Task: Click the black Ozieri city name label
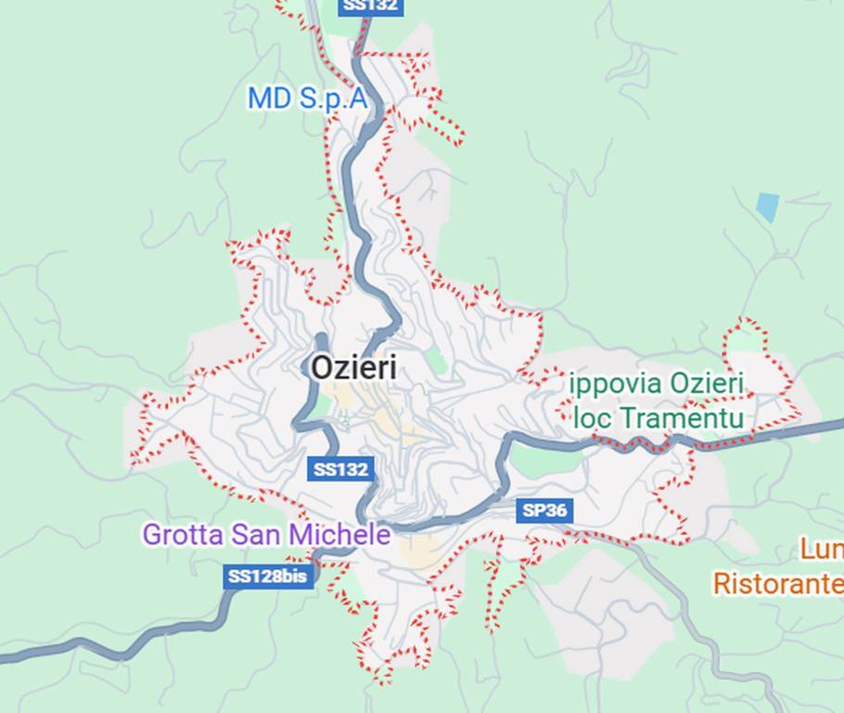(353, 369)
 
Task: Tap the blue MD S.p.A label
(307, 98)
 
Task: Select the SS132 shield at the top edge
(370, 6)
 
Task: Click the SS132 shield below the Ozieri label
(341, 469)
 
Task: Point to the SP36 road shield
(544, 510)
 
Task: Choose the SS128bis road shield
(267, 577)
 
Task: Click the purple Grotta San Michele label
(266, 535)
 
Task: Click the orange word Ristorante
(777, 584)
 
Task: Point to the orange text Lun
(822, 550)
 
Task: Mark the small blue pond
(767, 206)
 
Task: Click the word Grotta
(182, 535)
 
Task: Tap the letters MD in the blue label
(270, 98)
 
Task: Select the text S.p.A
(333, 98)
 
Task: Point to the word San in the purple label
(257, 535)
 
